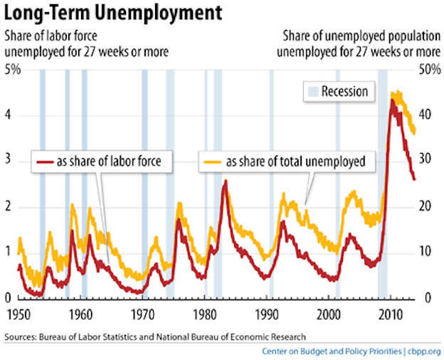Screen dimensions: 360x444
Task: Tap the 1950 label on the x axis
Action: [18, 314]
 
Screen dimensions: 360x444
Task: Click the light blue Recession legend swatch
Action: [312, 91]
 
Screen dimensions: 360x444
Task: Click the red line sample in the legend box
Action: [47, 162]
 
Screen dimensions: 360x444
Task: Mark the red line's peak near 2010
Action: [392, 100]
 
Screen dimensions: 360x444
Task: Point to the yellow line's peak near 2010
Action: [396, 92]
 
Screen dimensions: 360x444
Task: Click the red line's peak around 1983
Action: [226, 181]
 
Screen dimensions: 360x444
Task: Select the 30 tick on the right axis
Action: [425, 161]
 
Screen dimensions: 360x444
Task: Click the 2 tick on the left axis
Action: [9, 207]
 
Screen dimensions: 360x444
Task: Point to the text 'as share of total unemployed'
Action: [295, 162]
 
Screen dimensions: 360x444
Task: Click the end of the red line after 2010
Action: [415, 179]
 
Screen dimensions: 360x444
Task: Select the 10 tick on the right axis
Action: [425, 253]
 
